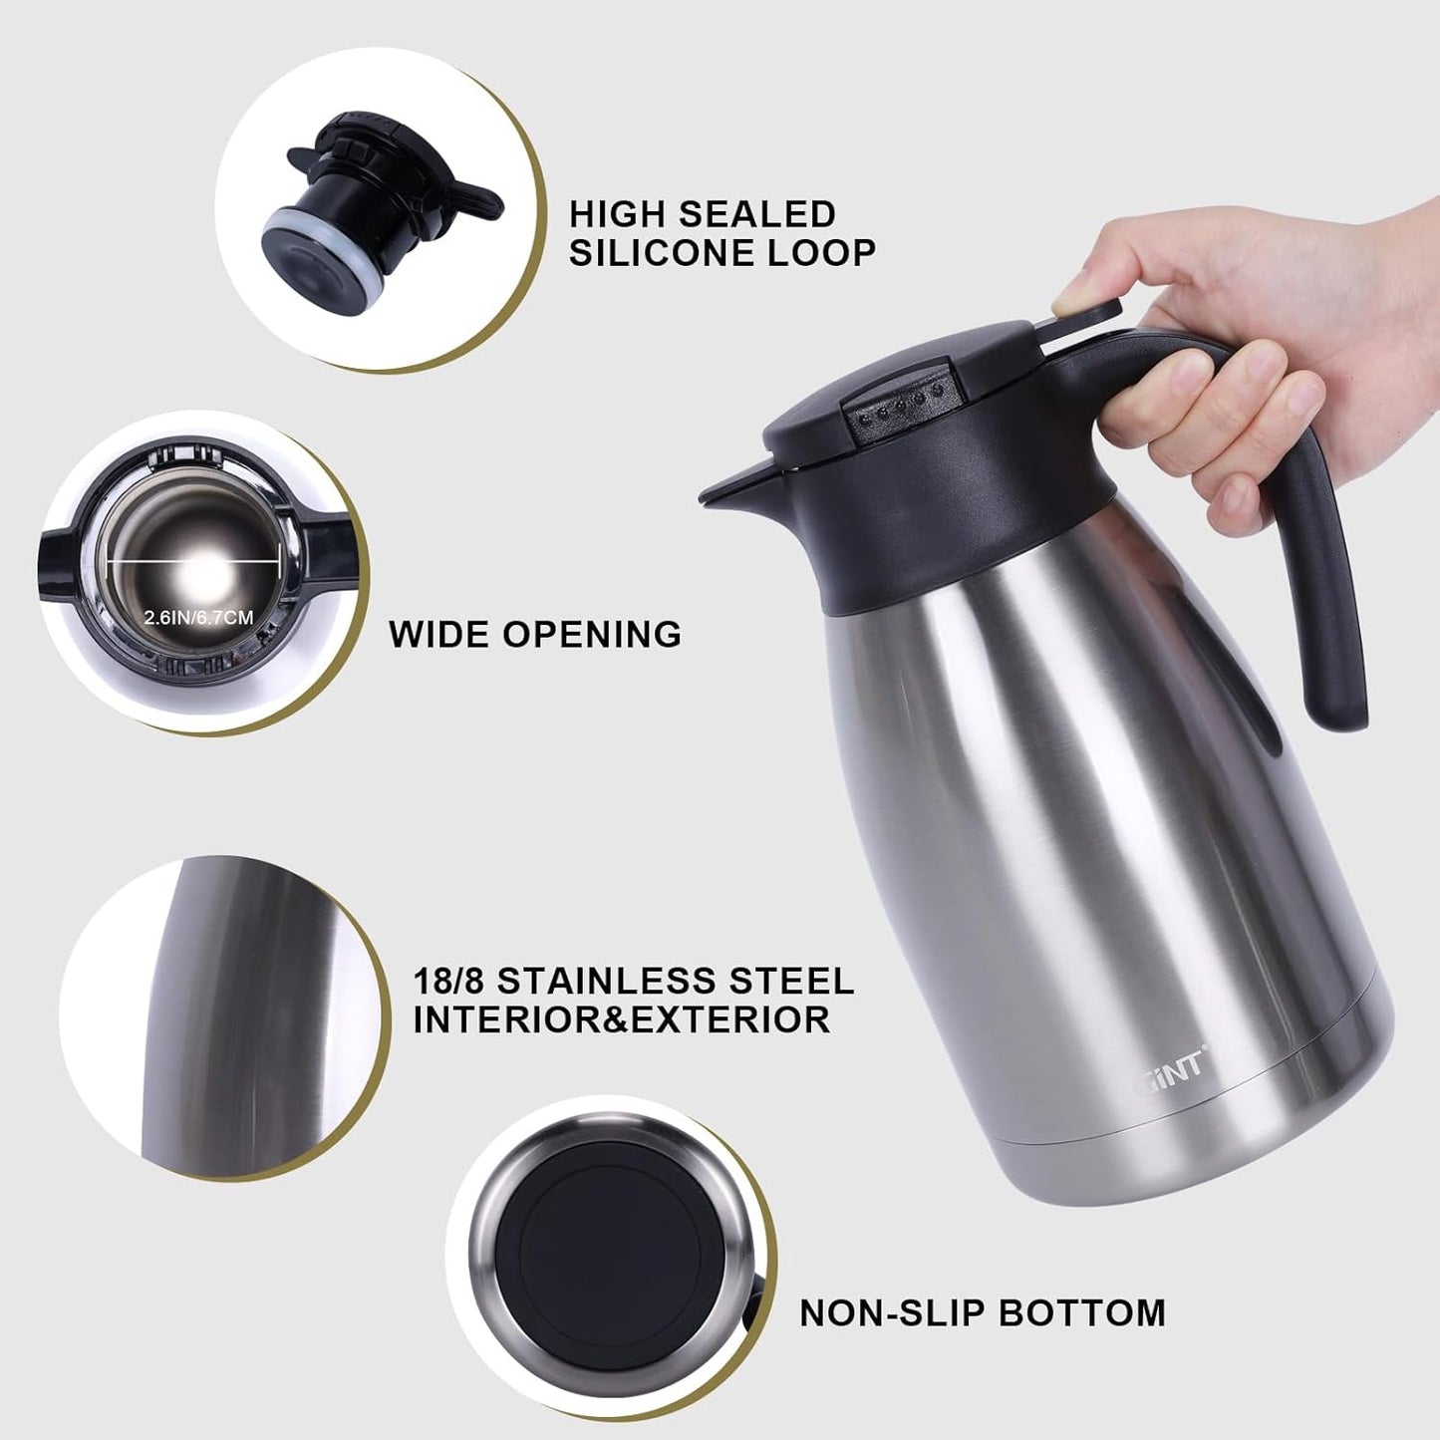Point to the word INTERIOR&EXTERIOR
tap(621, 1020)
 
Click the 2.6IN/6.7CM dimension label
tap(198, 618)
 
